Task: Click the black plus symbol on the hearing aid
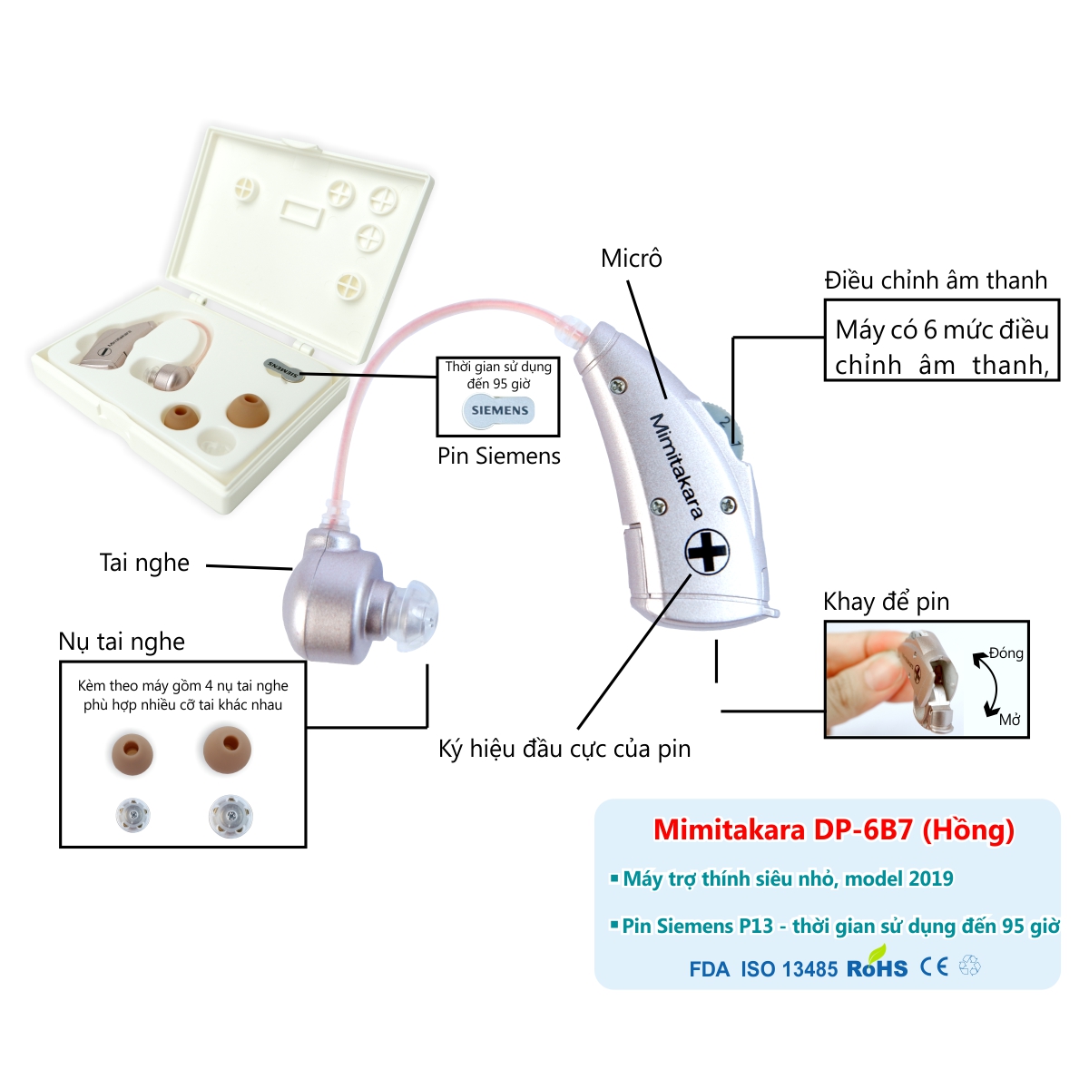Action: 707,551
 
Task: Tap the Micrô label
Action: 632,259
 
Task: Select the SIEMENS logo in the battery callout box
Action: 499,410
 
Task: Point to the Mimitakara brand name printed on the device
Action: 676,466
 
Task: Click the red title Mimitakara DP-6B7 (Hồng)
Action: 833,830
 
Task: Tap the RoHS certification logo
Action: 877,966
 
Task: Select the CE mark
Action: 934,966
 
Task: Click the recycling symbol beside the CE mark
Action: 969,966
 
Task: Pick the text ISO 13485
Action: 789,969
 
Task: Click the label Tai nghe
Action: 144,563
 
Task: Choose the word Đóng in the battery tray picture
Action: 1006,653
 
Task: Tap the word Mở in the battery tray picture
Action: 1009,720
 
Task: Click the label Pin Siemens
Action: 498,456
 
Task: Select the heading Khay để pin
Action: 886,602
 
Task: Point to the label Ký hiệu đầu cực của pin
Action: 564,750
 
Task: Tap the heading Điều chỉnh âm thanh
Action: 936,280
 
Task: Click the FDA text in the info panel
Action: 709,969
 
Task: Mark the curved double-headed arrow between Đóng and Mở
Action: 983,685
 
